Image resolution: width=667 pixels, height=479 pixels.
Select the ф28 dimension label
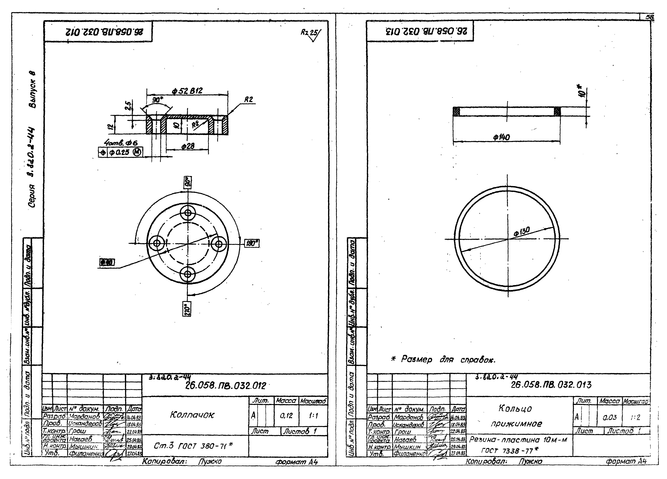[x=188, y=146]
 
